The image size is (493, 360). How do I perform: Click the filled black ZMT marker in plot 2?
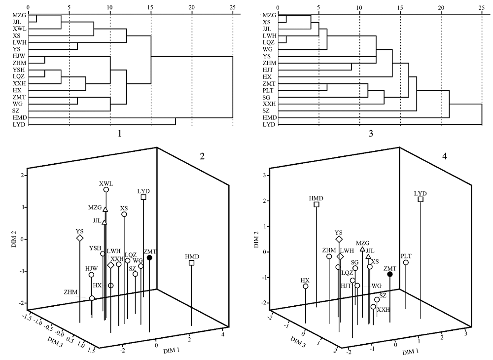(x=149, y=257)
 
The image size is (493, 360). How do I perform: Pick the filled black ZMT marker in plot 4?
(x=390, y=274)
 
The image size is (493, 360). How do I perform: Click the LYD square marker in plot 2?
(x=143, y=197)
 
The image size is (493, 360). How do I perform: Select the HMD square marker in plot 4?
(x=317, y=205)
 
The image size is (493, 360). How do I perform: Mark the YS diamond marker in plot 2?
(x=80, y=238)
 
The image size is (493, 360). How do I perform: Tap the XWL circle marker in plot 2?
(x=106, y=190)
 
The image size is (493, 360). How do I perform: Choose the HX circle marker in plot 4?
(x=306, y=286)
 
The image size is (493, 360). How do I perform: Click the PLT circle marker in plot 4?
(x=406, y=262)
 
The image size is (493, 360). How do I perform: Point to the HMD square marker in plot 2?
(x=191, y=263)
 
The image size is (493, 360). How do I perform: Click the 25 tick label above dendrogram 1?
(x=233, y=7)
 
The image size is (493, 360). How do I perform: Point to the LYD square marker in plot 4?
(x=421, y=199)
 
